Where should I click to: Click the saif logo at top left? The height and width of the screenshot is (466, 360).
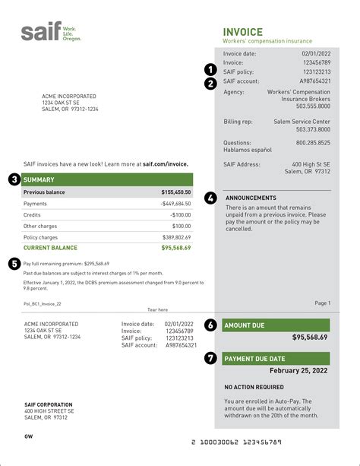[49, 33]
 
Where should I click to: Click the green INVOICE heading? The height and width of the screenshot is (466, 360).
[242, 32]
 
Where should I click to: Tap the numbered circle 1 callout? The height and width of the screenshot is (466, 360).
[211, 70]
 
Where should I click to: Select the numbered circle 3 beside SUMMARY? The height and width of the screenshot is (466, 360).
[14, 179]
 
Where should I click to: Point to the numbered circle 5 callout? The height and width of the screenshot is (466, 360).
[14, 263]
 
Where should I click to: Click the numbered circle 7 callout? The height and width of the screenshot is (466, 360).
[210, 358]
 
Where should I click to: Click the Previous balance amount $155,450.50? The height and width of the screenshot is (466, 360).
[175, 192]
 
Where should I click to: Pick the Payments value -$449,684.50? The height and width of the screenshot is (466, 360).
[174, 204]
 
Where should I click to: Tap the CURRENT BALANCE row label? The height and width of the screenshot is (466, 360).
[50, 248]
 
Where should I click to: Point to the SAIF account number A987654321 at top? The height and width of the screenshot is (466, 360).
[314, 81]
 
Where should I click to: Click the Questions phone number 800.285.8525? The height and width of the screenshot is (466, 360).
[313, 142]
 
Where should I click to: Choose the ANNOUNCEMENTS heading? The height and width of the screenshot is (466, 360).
[251, 198]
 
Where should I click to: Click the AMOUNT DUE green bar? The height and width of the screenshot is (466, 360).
[276, 324]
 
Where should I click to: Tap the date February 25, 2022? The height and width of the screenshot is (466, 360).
[298, 370]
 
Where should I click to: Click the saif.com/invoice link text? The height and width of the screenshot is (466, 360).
[159, 163]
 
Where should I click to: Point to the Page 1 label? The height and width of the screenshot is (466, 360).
[322, 303]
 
